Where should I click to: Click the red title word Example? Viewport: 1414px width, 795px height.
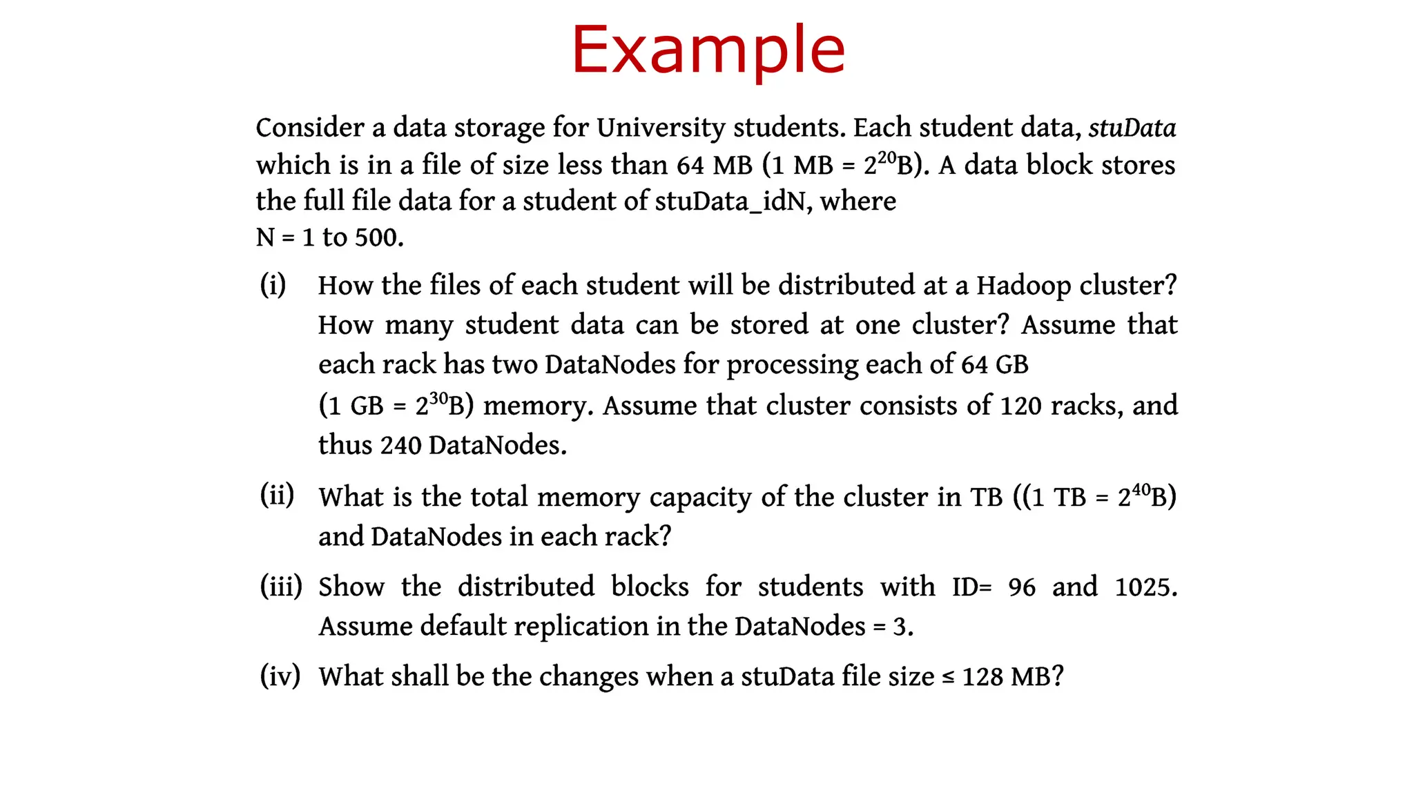coord(708,50)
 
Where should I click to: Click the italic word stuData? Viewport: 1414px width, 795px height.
coord(1132,128)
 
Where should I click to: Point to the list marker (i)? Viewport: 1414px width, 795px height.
coord(273,284)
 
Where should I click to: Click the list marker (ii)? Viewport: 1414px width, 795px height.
coord(277,495)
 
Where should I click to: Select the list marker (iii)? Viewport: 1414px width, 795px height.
coord(281,586)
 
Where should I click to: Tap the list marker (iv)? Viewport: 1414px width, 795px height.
coord(280,676)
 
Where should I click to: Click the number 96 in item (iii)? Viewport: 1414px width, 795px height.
coord(1022,587)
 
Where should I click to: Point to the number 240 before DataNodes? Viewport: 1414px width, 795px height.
coord(400,446)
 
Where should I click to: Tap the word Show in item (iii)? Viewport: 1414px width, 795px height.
coord(351,587)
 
